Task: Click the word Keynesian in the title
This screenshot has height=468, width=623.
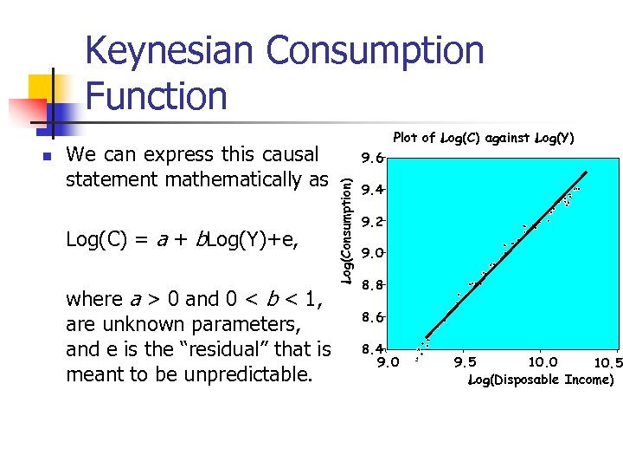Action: coord(170,51)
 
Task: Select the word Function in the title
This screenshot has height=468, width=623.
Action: coord(157,95)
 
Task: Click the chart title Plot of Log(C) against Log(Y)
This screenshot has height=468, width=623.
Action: coord(483,138)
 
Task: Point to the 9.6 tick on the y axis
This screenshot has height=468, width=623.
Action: coord(373,159)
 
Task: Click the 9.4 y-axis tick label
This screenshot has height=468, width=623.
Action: coord(373,190)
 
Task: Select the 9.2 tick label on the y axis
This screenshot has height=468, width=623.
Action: coord(373,222)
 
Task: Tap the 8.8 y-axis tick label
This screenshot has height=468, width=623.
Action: coord(373,284)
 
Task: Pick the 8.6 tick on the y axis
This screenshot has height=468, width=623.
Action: coord(373,317)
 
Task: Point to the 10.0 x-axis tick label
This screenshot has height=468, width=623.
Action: coord(543,363)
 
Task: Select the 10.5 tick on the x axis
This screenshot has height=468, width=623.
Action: coord(607,363)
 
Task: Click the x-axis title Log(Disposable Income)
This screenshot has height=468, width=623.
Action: coord(541,380)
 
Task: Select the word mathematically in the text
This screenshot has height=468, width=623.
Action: coord(231,179)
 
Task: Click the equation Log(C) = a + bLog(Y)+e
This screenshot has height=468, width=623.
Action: coord(182,240)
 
